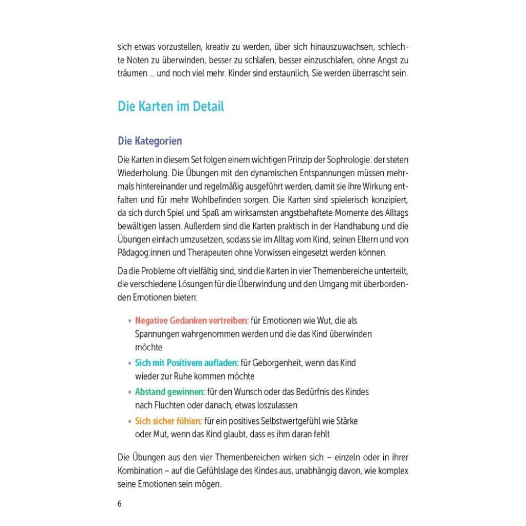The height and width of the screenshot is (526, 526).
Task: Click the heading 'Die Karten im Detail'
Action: point(171,107)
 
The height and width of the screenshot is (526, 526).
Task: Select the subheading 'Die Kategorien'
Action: point(149,141)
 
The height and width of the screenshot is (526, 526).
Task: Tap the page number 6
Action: point(120,503)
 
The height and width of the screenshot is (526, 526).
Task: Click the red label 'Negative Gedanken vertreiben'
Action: point(192,320)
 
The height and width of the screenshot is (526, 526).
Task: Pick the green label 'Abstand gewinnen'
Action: point(170,392)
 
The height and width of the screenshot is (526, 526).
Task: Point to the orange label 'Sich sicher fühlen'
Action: point(168,421)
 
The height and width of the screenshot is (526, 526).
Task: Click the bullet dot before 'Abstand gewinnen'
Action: point(129,392)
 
